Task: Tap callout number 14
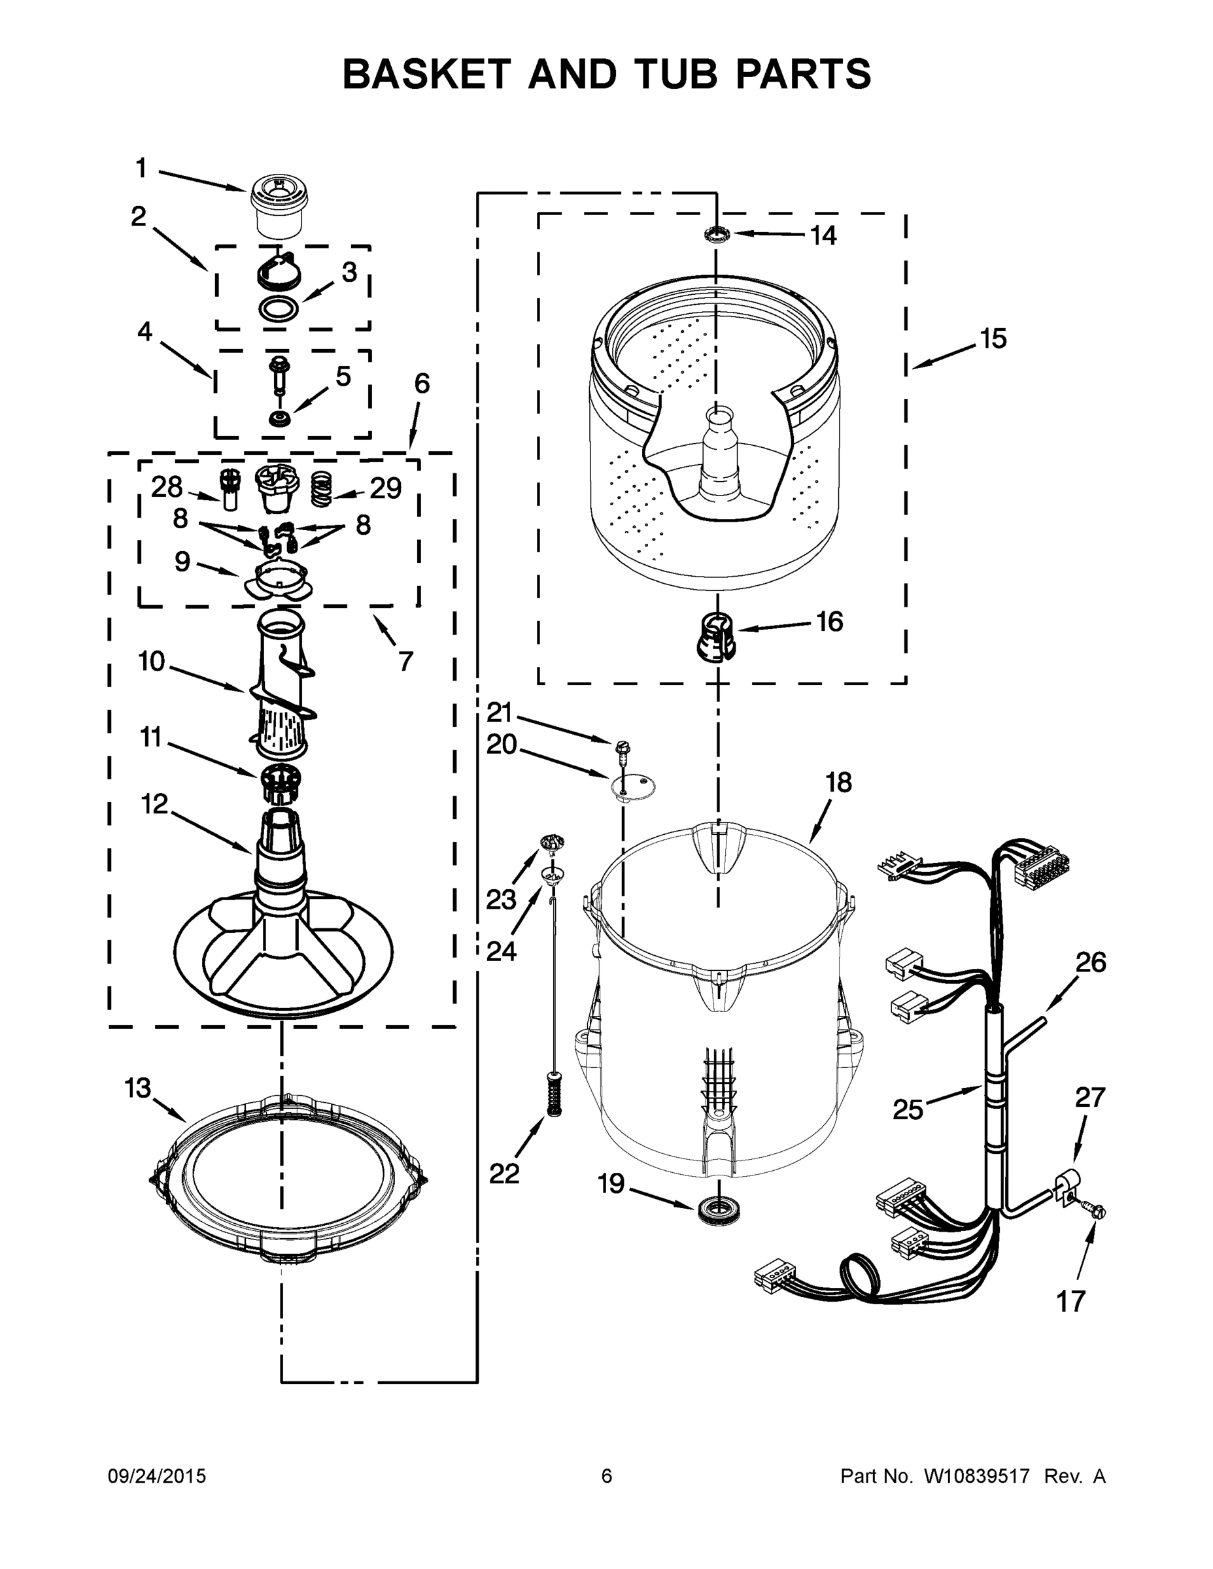[823, 235]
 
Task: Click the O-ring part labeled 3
[278, 309]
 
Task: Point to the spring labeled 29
[321, 488]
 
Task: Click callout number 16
[829, 622]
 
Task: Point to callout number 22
[504, 1174]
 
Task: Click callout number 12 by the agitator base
[154, 804]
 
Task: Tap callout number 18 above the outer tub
[838, 783]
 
